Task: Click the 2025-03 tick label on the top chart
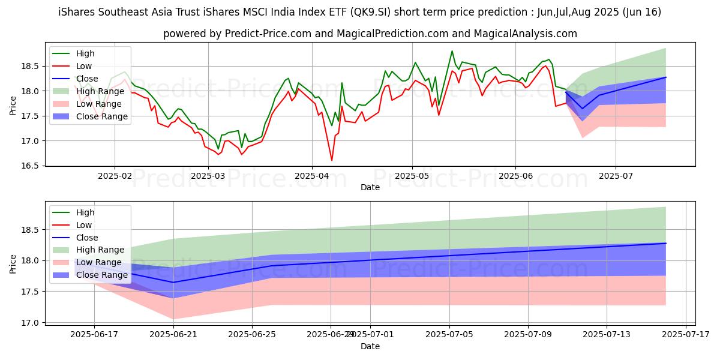(x=208, y=176)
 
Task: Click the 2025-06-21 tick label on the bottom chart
(x=173, y=334)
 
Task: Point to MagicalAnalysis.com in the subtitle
(x=525, y=34)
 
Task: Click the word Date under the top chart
(x=370, y=187)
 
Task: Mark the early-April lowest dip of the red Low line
(x=332, y=160)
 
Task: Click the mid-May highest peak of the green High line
(x=452, y=51)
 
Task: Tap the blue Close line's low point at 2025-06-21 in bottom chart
(x=173, y=282)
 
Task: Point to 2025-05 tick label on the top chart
(x=412, y=176)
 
